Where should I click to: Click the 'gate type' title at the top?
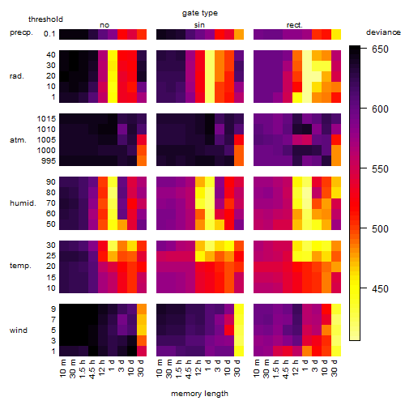coord(200,13)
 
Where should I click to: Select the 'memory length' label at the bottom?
coord(199,394)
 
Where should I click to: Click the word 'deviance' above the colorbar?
coord(383,32)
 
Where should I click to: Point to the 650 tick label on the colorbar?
coord(380,49)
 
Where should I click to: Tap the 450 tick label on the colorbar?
coord(380,289)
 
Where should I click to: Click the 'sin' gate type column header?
coord(199,25)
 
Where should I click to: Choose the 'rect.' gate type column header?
coord(294,25)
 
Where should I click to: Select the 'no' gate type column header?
coord(104,25)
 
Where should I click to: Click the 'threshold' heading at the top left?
coord(45,19)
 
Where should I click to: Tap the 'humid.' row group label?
coord(23,203)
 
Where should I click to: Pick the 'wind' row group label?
coord(19,330)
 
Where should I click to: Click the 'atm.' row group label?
coord(18,140)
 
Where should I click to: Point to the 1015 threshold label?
coord(46,119)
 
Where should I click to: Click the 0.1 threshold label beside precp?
coord(49,34)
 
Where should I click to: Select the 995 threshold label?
coord(49,161)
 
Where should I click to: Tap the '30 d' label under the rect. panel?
coord(335,368)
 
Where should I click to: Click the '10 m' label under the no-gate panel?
coord(62,368)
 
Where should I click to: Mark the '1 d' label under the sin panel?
coord(208,365)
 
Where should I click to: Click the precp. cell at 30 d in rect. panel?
coord(336,34)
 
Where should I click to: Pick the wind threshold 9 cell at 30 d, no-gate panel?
coord(142,309)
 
